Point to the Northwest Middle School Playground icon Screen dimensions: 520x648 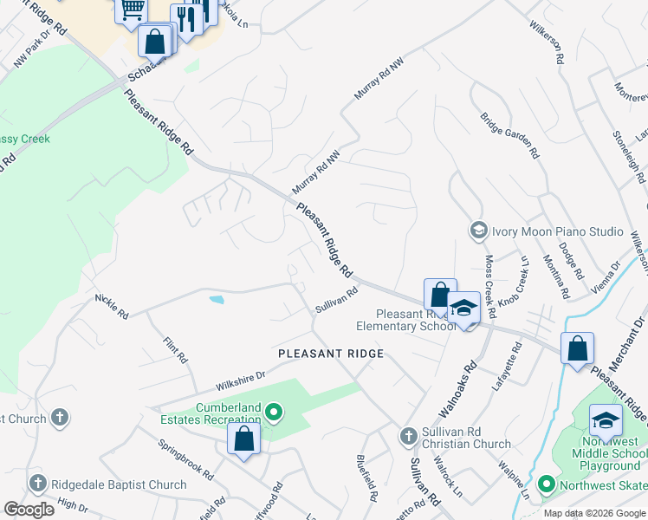606,420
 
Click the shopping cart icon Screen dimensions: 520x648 132,10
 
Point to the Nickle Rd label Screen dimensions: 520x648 112,305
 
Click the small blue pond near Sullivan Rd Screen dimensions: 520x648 216,300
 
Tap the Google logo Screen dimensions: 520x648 29,510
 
